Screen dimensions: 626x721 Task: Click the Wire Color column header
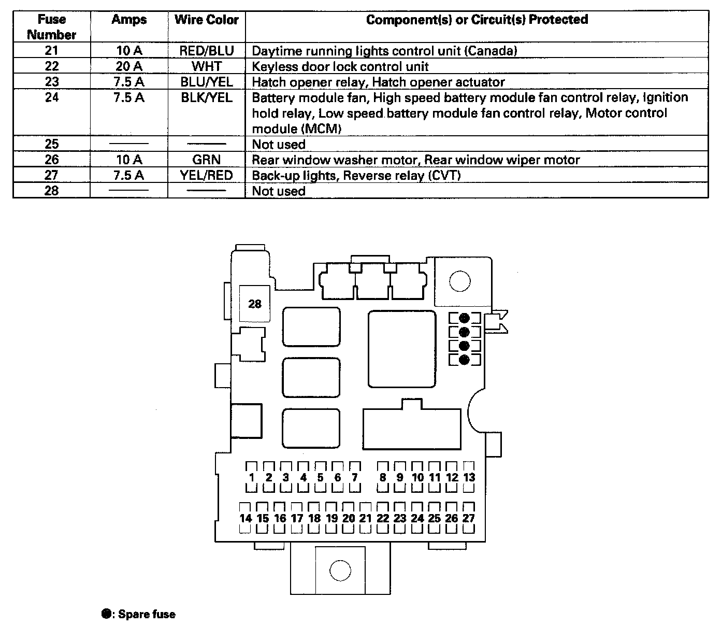click(207, 20)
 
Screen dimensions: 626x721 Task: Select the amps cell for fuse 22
click(129, 66)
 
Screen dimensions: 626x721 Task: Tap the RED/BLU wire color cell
click(207, 51)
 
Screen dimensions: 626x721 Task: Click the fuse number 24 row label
click(52, 97)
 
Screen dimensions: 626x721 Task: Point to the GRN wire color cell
click(207, 160)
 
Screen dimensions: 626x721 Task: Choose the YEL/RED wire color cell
click(207, 175)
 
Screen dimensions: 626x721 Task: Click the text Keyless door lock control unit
click(340, 66)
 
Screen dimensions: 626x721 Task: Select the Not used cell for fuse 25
click(279, 144)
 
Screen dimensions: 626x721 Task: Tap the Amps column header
click(129, 20)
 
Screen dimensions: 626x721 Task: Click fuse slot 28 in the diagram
click(255, 304)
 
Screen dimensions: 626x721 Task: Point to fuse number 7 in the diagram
click(355, 477)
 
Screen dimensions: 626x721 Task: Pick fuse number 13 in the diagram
click(469, 477)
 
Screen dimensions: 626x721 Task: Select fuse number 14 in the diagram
click(246, 518)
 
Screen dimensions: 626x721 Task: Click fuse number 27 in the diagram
click(469, 518)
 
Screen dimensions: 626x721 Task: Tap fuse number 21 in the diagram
click(366, 518)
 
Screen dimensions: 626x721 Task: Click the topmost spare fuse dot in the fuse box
click(464, 318)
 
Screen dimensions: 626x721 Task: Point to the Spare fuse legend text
click(147, 615)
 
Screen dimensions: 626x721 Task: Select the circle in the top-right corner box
click(459, 282)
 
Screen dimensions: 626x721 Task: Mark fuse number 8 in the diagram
click(383, 477)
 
